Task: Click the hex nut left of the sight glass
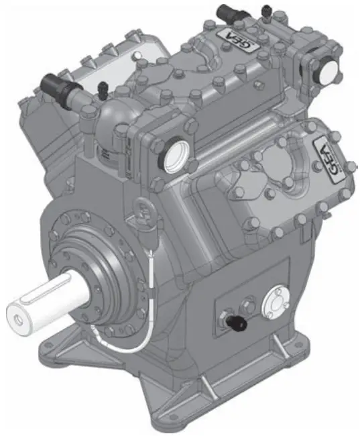pos(248,307)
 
